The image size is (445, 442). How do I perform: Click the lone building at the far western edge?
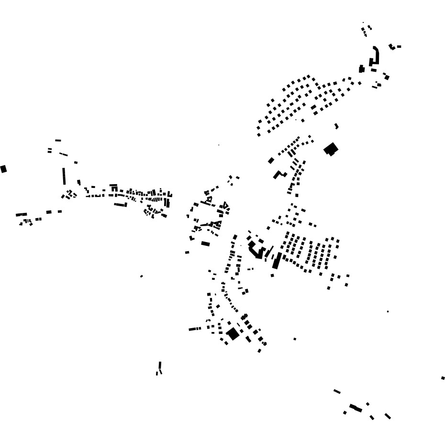point(4,168)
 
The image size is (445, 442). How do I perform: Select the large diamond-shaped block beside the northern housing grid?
point(331,149)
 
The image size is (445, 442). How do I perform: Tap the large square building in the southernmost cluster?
point(233,334)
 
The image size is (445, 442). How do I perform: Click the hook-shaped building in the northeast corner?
point(375,56)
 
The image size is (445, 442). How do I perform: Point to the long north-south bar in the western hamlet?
point(64,176)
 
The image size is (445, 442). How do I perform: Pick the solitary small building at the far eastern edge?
point(443,378)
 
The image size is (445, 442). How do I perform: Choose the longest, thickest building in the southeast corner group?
point(356,408)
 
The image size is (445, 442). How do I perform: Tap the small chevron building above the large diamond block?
point(336,126)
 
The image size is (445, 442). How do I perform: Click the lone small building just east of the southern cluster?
point(295,339)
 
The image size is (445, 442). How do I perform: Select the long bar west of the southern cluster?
point(195,329)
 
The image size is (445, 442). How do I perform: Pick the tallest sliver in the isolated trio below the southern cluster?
point(160,366)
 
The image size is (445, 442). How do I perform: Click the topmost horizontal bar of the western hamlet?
point(58,140)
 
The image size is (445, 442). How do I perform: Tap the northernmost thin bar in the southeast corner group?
point(337,391)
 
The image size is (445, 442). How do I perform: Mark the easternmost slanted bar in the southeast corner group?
point(388,416)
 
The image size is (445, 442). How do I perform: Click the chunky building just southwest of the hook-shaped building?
point(362,69)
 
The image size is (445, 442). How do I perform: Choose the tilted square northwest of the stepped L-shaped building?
point(271,160)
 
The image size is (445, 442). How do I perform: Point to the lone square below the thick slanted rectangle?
point(272,275)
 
